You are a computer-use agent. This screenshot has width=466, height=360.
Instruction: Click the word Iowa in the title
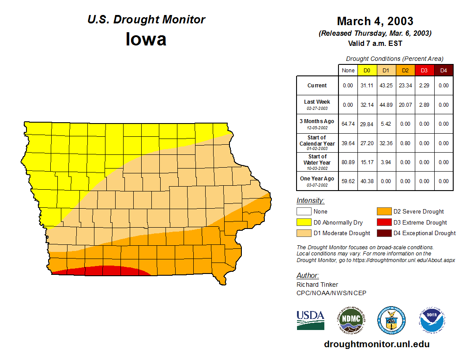click(x=146, y=39)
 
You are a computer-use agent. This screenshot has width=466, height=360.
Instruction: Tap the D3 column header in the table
click(x=424, y=70)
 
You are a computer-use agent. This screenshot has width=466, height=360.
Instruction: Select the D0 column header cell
click(x=367, y=70)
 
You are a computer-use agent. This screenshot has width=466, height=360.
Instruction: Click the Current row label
click(x=317, y=86)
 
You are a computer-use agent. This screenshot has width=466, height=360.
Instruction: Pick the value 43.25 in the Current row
click(x=386, y=86)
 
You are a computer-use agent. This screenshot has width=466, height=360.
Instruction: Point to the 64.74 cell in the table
click(x=348, y=124)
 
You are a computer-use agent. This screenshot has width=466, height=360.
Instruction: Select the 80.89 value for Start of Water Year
click(x=348, y=162)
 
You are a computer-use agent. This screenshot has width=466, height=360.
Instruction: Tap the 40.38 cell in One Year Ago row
click(x=367, y=181)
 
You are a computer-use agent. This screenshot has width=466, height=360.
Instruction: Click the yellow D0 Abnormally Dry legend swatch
click(x=303, y=222)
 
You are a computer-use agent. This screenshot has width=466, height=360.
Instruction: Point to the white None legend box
click(x=303, y=212)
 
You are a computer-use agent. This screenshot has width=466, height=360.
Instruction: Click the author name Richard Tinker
click(x=317, y=285)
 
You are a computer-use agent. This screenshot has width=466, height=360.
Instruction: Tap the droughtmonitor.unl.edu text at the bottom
click(x=376, y=344)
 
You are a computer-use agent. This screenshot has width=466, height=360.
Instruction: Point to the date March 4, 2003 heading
click(x=375, y=21)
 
